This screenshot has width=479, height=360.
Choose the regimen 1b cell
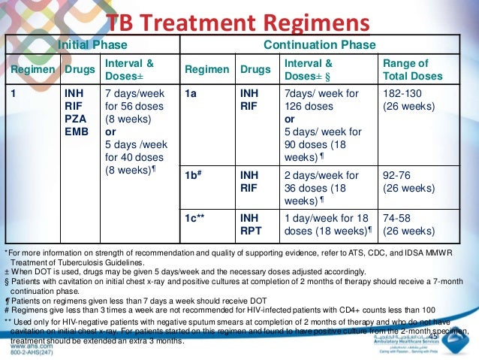[195, 175]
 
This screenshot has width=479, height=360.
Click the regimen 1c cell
[197, 217]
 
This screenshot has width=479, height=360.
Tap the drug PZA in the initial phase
[77, 118]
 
